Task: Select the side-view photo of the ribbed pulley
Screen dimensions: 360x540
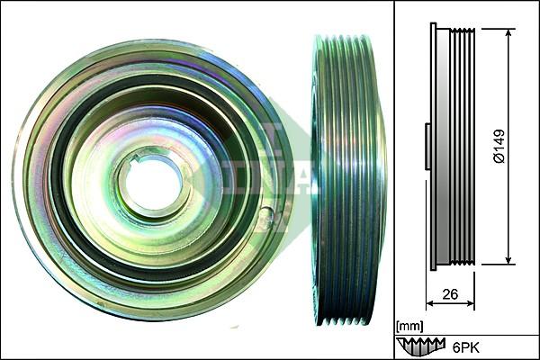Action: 347,180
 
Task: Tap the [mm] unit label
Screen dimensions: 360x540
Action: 409,325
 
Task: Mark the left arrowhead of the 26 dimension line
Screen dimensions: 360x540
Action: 429,303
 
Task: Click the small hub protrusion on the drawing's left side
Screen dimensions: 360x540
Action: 427,146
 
